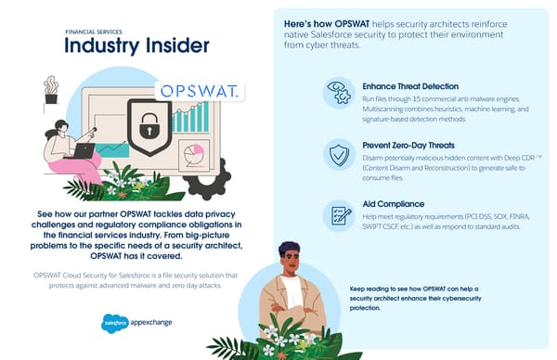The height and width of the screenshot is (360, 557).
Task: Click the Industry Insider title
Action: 137,46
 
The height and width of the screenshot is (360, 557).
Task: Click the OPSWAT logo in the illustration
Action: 196,91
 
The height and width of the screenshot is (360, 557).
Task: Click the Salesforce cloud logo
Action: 113,324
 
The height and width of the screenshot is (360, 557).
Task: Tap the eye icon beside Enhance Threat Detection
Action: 338,93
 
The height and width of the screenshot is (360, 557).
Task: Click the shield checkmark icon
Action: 338,153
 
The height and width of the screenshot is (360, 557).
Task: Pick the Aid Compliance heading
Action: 393,203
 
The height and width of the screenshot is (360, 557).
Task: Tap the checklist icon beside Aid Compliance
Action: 338,213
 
